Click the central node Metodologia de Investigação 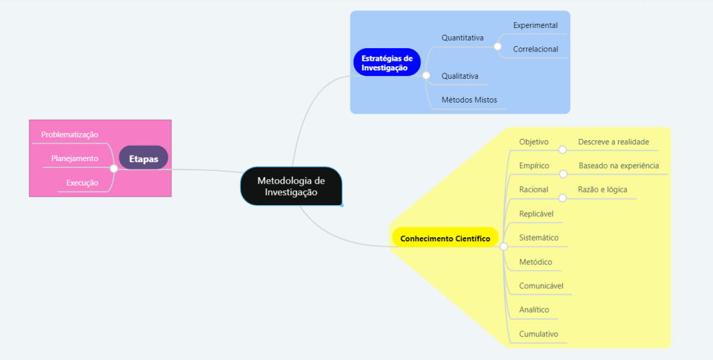tap(291, 186)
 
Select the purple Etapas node tap(143, 158)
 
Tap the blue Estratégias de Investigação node tap(386, 63)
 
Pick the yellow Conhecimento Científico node tap(445, 238)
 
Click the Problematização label tap(70, 134)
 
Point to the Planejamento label tap(75, 158)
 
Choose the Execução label tap(82, 183)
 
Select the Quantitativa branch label tap(463, 38)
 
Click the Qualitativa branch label tap(460, 75)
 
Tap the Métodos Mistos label tap(470, 100)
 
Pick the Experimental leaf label tap(535, 25)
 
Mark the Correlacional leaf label tap(535, 50)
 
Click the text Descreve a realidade tap(613, 142)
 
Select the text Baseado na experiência tap(618, 166)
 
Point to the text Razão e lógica tap(602, 189)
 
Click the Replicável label tap(536, 213)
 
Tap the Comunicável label tap(541, 285)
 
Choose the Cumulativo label tap(539, 333)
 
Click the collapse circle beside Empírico tap(563, 173)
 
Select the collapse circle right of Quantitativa tap(497, 46)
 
